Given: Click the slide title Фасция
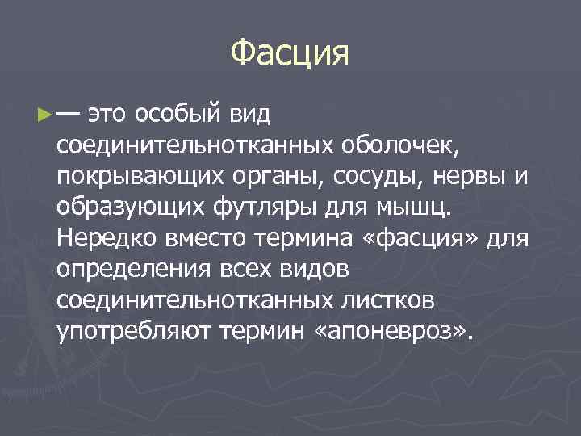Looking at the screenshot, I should pyautogui.click(x=290, y=54).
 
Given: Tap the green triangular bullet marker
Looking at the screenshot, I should pyautogui.click(x=43, y=115).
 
